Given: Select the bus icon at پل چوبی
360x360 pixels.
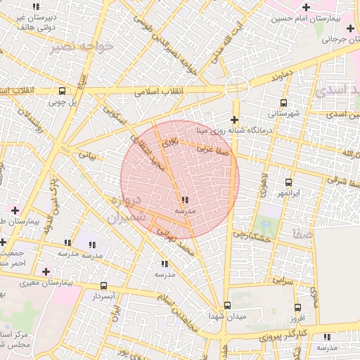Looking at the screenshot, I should point(63,91).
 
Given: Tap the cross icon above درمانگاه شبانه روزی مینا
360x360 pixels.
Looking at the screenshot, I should point(234,120).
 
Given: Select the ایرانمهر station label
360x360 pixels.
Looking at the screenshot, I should point(287,192).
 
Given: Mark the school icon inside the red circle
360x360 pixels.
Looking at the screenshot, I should point(184,200).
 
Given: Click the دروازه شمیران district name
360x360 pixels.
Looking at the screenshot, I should point(129,210).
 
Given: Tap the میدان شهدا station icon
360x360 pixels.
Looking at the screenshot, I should point(226,306).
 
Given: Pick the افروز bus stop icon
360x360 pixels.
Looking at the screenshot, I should point(297,308).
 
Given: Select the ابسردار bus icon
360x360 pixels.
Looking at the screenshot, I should point(104,286).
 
